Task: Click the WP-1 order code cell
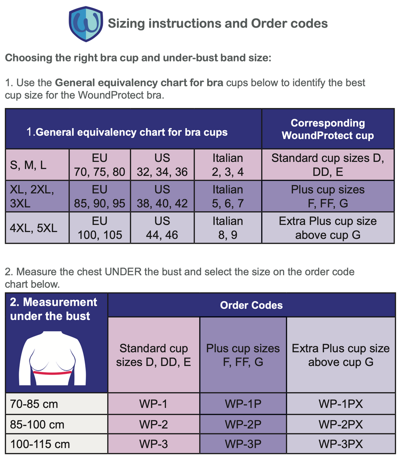[153, 404]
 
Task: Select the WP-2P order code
[243, 424]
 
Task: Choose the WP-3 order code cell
[153, 444]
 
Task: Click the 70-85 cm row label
[34, 404]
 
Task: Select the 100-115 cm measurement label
[40, 444]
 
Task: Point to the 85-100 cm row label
[37, 424]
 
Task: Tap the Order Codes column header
[251, 305]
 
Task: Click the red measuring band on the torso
[52, 372]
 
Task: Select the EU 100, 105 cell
[99, 228]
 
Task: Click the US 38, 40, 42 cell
[162, 196]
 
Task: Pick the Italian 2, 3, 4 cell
[228, 165]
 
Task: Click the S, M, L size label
[28, 165]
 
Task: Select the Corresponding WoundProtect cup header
[328, 129]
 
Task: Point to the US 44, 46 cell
[162, 228]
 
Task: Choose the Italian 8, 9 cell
[228, 228]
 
